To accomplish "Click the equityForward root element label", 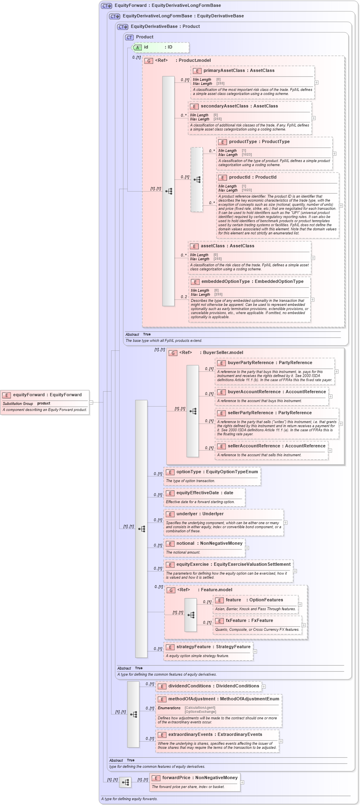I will point(47,395).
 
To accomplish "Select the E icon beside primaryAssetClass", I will point(197,71).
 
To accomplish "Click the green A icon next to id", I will point(137,47).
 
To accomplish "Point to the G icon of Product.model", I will point(149,61).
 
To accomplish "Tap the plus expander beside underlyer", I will point(286,523).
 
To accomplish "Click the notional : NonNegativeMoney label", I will point(209,543).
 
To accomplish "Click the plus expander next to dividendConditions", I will point(264,686).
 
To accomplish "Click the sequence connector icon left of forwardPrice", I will point(125,782).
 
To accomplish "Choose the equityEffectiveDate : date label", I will point(204,493).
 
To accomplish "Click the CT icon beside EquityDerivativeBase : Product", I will point(122,27).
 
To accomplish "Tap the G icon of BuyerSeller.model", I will point(173,353).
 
